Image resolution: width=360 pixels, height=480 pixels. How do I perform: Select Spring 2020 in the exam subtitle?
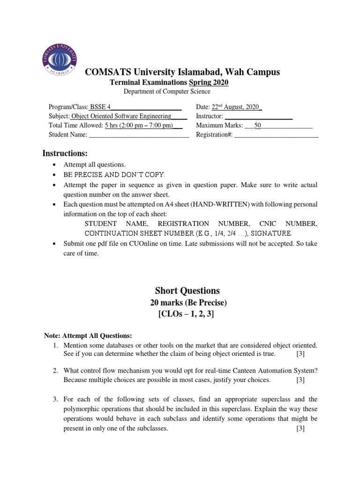pos(209,82)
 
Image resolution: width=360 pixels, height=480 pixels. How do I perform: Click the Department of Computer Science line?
pos(167,91)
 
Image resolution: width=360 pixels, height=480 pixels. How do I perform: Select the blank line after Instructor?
pos(259,116)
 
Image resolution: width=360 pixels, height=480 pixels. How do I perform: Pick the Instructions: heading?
pos(65,153)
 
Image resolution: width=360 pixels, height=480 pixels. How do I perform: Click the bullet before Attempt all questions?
pos(55,165)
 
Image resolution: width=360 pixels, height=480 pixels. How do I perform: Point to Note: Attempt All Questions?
pos(88,336)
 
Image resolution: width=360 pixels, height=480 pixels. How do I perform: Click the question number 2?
pos(55,370)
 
